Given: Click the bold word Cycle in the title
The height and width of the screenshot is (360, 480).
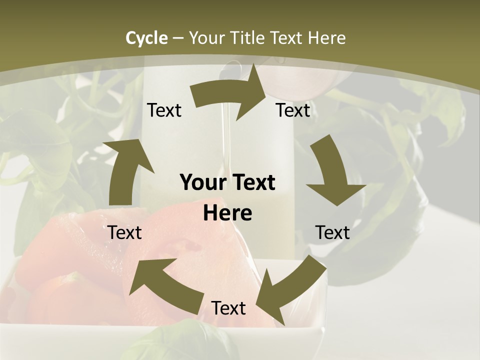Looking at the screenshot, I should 146,38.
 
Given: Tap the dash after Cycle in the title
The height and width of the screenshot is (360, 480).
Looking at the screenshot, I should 177,38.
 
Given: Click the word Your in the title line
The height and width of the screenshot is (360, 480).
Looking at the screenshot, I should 207,38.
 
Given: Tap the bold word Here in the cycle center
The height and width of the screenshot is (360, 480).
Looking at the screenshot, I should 227,213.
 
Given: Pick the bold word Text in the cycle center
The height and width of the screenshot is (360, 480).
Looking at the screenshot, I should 251,183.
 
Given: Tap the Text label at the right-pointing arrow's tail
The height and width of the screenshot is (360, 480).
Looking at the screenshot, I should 164,110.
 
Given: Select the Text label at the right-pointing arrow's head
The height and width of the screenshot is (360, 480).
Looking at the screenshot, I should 293,110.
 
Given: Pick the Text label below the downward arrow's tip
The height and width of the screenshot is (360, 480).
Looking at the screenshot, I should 332,232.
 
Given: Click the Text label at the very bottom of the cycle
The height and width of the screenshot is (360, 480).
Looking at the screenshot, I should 228,308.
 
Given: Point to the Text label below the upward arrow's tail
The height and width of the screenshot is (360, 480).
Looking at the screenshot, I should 124,232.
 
